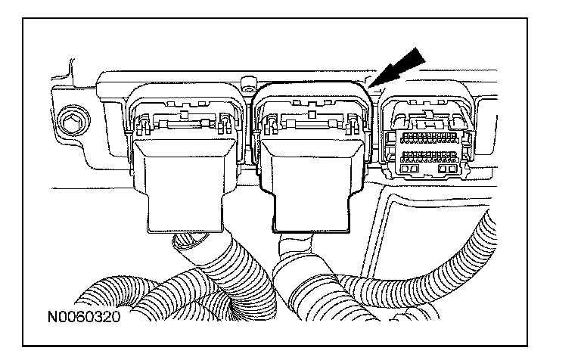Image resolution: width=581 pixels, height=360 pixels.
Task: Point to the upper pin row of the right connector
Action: point(427,138)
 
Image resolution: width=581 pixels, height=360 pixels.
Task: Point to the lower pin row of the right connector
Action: point(427,156)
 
